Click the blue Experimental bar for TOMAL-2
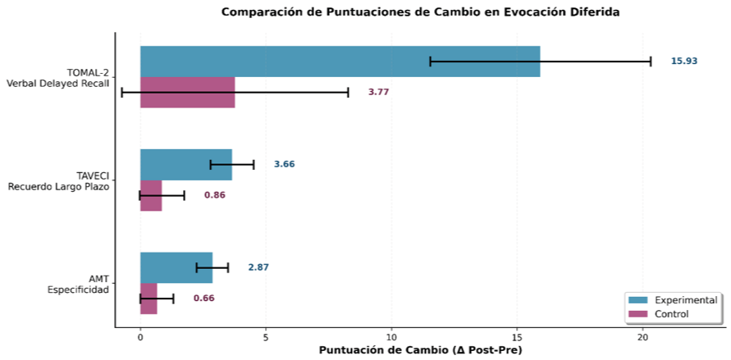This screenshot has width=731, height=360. [340, 62]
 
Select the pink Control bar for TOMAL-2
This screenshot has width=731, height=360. [187, 92]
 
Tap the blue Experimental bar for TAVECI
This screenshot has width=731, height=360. [186, 164]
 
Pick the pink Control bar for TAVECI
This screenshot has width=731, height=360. [151, 196]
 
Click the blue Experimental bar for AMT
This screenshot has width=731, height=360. [176, 268]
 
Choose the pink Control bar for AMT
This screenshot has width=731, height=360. [148, 298]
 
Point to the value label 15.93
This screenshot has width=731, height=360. [684, 61]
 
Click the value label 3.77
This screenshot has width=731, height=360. [378, 92]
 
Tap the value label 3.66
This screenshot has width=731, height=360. [284, 164]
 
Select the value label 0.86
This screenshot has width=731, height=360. [214, 195]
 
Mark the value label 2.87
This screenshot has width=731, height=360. [258, 267]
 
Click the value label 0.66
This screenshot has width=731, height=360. [203, 298]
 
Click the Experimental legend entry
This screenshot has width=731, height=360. [673, 300]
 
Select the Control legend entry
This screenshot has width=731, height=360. [659, 314]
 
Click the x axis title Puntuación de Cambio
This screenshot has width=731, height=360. [420, 350]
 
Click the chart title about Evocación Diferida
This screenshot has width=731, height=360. [420, 12]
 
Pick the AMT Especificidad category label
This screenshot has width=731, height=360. [78, 284]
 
